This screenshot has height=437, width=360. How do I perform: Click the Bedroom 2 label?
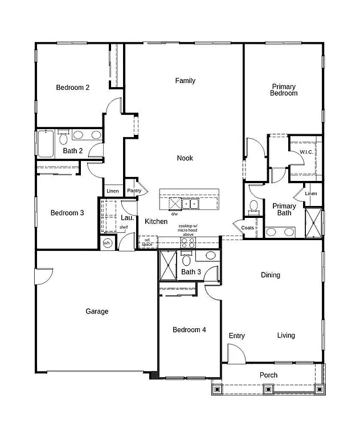click(x=72, y=88)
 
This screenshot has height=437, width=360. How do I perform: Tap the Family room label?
click(x=185, y=81)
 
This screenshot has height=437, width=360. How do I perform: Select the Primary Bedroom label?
click(x=284, y=90)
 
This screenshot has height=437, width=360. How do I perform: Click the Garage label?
click(x=97, y=311)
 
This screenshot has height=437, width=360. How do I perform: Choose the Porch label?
click(x=268, y=375)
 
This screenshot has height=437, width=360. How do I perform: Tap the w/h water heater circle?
click(x=107, y=243)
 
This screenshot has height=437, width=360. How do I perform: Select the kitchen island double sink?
click(x=190, y=203)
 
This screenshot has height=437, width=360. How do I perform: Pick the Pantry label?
click(x=134, y=191)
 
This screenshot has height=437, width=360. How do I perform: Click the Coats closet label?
click(x=247, y=228)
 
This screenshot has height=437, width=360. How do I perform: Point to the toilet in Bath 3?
click(x=186, y=261)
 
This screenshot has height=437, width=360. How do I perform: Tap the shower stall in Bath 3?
click(x=169, y=265)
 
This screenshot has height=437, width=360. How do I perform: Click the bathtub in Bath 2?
click(x=45, y=143)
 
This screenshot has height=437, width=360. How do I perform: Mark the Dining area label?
click(x=271, y=275)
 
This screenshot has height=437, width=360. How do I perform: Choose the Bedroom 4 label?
click(x=189, y=330)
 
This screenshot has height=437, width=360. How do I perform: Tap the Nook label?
click(x=185, y=158)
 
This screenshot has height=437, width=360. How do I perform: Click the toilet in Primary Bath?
click(x=254, y=205)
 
